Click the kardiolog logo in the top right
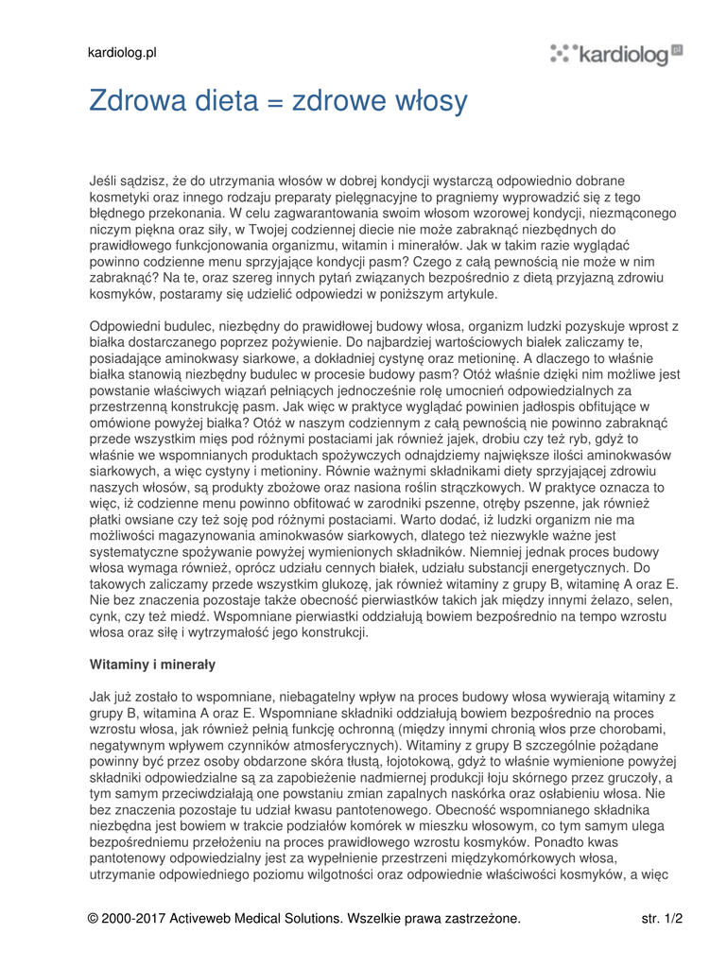click(616, 54)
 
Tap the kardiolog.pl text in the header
click(122, 53)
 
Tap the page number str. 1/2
click(662, 918)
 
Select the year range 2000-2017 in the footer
click(144, 918)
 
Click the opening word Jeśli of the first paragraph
click(106, 181)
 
